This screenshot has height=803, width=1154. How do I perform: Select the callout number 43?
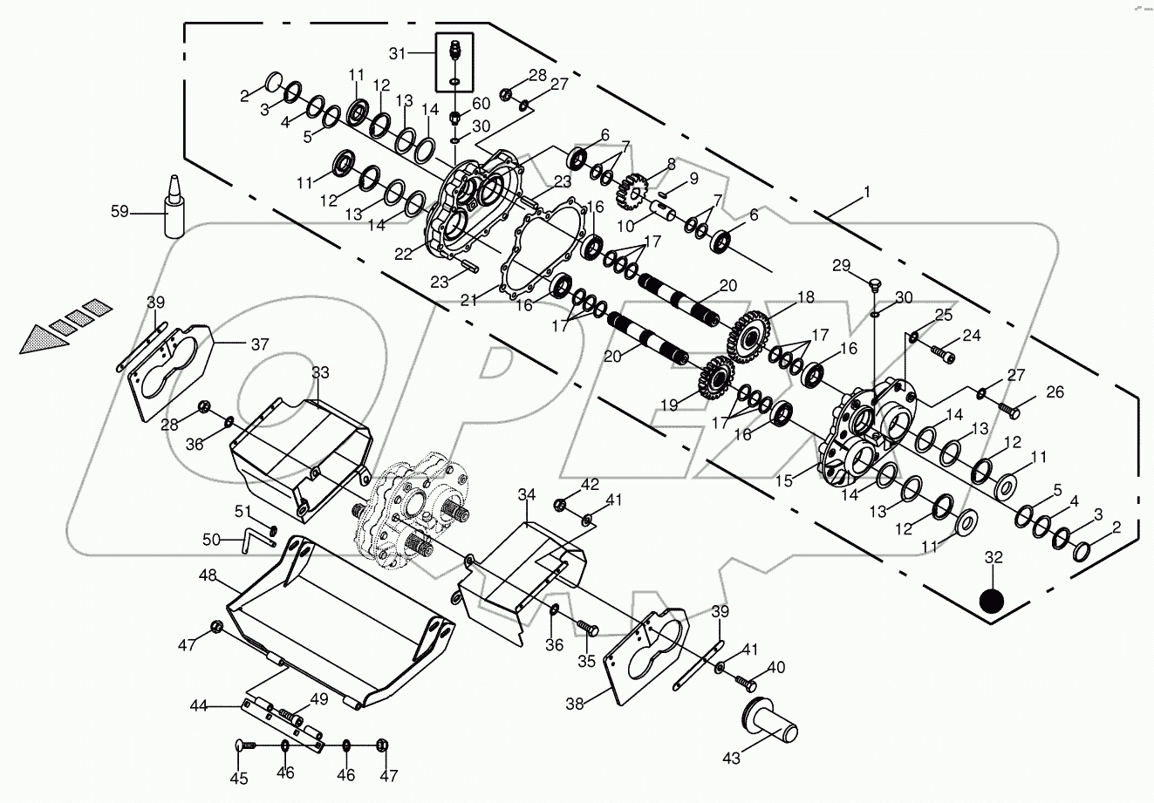731,759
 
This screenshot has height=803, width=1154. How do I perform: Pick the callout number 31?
399,53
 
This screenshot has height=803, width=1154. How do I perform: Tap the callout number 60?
481,104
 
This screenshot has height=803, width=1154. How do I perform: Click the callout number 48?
207,576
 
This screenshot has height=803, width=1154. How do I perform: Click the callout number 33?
296,372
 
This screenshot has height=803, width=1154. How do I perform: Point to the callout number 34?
526,494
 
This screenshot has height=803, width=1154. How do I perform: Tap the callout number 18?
804,297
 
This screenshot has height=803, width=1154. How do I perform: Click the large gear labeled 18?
748,335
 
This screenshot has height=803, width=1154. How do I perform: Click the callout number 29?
840,265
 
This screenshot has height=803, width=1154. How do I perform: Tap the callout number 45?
238,779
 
